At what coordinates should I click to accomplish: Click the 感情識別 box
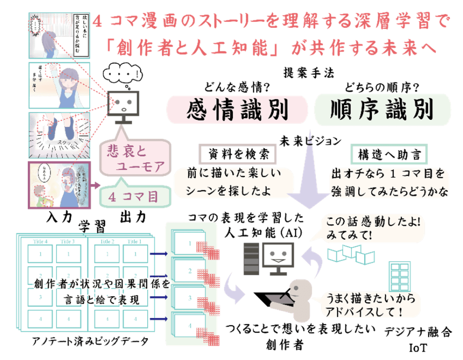coord(237,110)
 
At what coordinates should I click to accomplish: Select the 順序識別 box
coord(382,110)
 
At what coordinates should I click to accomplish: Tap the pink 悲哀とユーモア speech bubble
coord(135,158)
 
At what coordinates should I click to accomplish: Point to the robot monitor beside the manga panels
coord(124,106)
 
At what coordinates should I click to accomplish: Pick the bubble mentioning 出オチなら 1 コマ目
coord(389,182)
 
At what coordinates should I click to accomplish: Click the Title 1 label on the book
coord(134,242)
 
